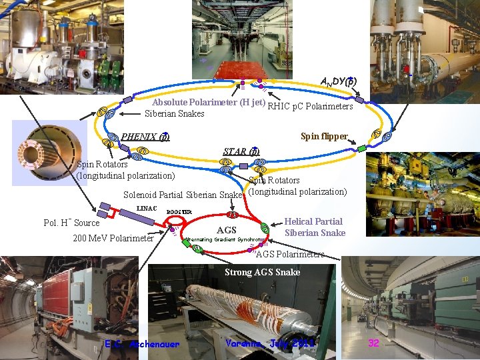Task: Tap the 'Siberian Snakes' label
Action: [175, 113]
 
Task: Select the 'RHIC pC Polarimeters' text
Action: [310, 106]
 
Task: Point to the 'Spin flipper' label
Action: [325, 137]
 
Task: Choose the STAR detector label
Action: [241, 151]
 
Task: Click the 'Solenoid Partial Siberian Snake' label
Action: [183, 195]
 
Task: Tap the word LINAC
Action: [146, 209]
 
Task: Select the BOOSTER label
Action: [179, 212]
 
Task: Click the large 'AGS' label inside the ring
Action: [227, 230]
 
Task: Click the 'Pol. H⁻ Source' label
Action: [71, 223]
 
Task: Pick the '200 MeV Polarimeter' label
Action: [113, 238]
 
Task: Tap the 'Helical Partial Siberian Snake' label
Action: [315, 227]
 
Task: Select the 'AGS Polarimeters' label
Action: [291, 254]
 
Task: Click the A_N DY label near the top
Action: [337, 81]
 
